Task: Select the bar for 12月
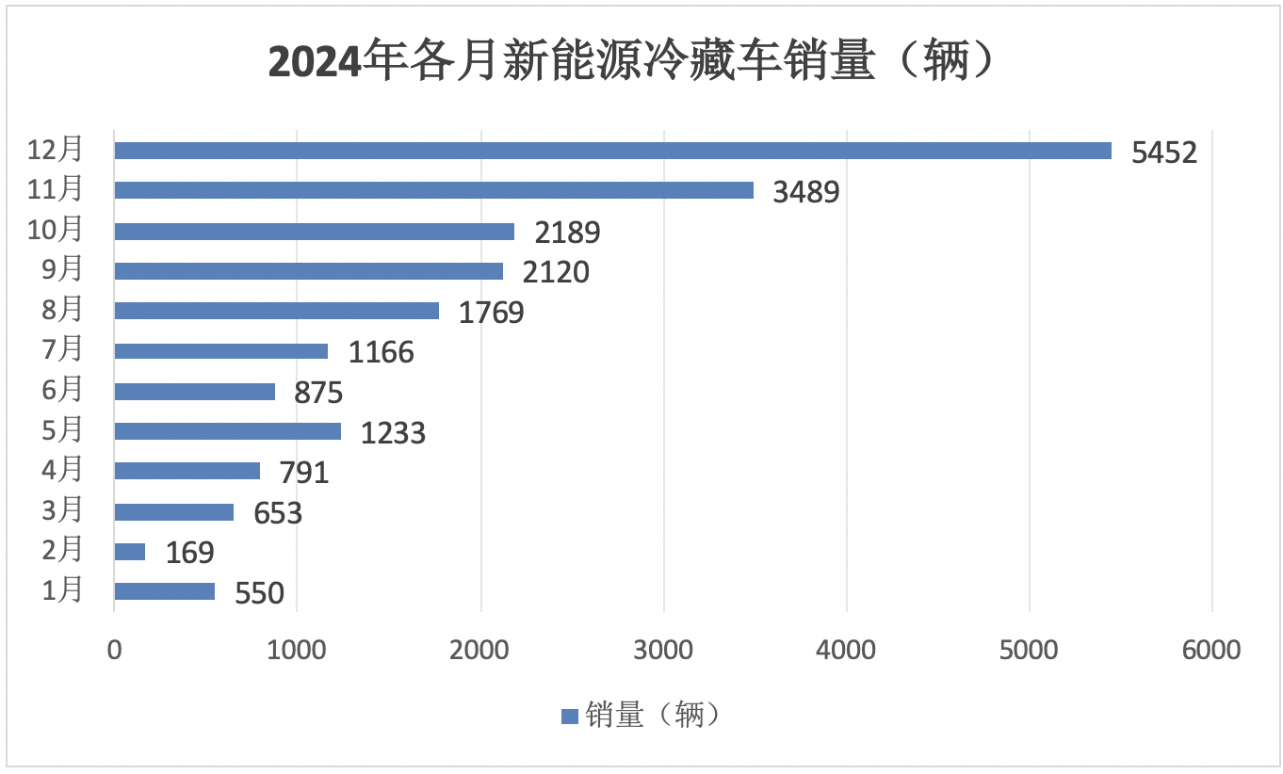[612, 151]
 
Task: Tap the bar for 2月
[130, 552]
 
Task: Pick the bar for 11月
[433, 190]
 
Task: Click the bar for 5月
[227, 431]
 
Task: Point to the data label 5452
[1164, 153]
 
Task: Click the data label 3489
[805, 192]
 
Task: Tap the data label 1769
[491, 313]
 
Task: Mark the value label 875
[318, 393]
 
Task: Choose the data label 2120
[556, 272]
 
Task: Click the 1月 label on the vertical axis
[62, 590]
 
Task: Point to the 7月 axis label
[62, 349]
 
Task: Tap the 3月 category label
[62, 510]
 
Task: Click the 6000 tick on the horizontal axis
[1211, 651]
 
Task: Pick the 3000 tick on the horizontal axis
[663, 651]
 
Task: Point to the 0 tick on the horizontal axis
[114, 651]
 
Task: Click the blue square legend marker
[569, 717]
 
